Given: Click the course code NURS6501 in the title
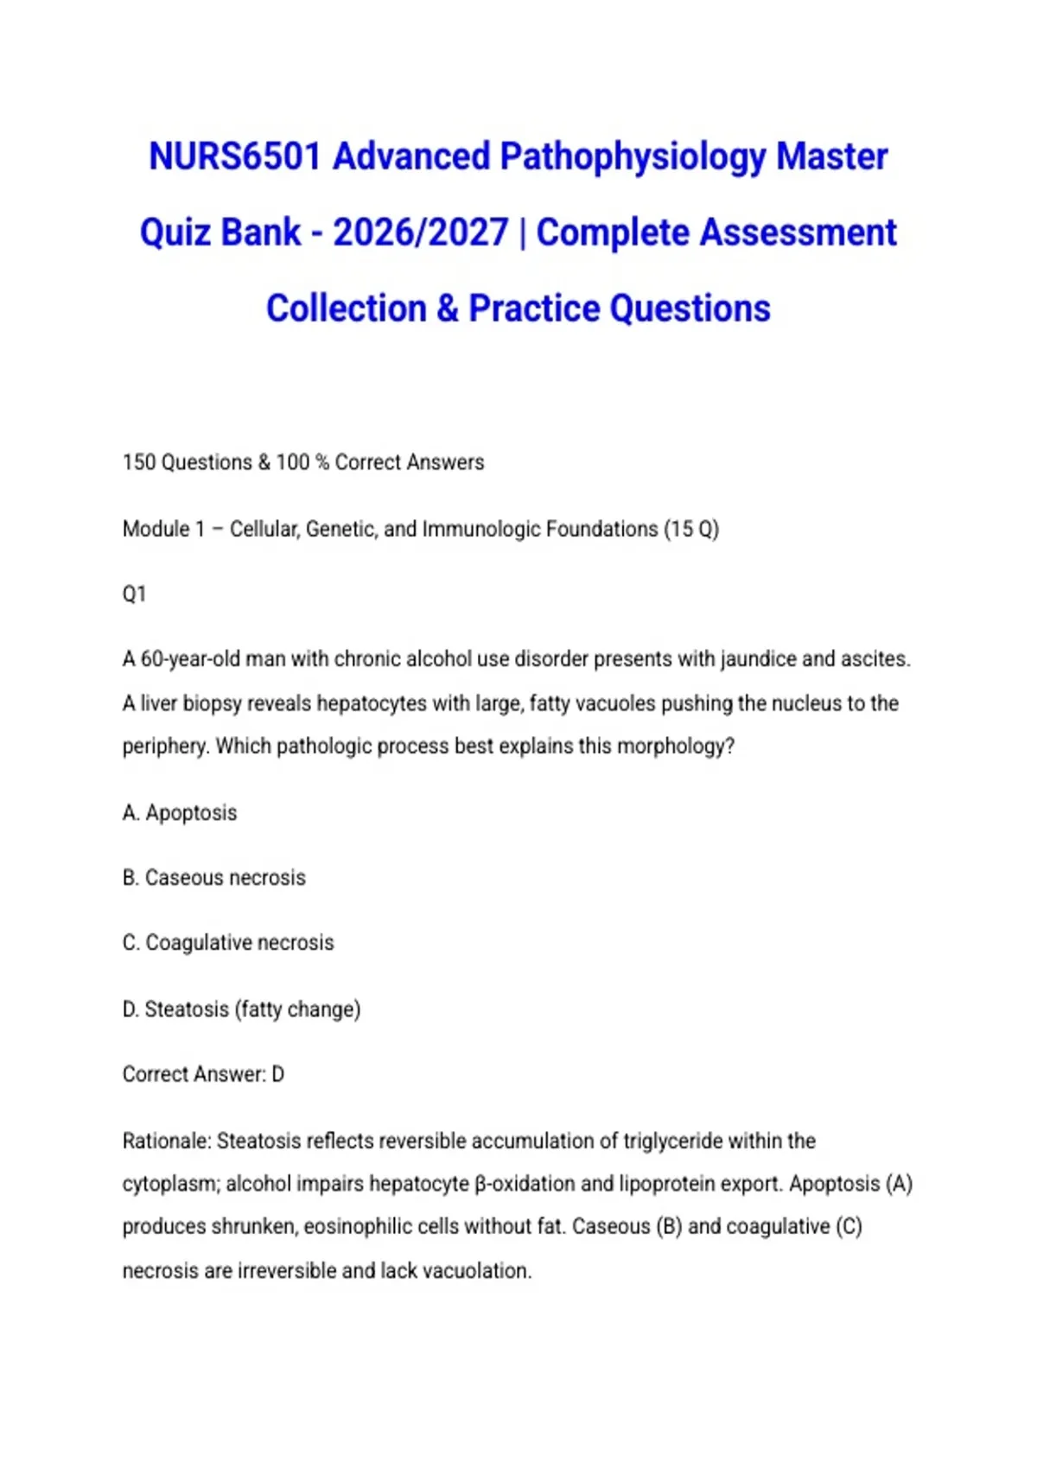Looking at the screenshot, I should point(234,157).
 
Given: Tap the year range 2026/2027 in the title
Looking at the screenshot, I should point(420,232).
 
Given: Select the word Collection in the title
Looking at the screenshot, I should point(347,308).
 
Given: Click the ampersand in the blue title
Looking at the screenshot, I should point(448,308).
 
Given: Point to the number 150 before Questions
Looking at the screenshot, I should point(139,462).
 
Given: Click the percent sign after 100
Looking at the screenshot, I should point(322,462).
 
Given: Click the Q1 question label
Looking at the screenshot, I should point(134,595).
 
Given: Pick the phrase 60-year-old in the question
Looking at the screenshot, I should point(190,659).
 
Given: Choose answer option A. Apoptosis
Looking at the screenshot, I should point(180,813).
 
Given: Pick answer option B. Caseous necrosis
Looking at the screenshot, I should point(214,878).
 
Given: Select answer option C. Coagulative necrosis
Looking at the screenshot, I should point(228,943).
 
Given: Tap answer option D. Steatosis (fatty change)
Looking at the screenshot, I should point(241,1009).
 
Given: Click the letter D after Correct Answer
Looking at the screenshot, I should point(278,1075).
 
